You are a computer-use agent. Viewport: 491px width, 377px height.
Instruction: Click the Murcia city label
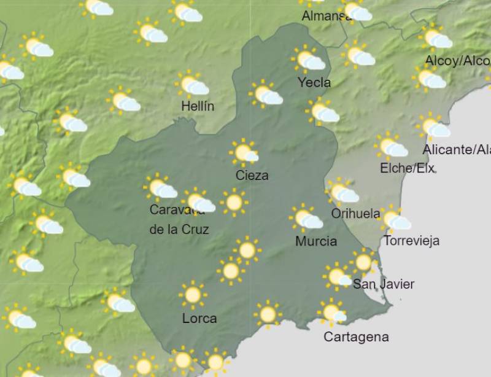click(x=316, y=241)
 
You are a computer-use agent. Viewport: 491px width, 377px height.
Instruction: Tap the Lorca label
click(x=199, y=319)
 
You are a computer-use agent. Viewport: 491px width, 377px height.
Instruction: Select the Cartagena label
click(x=356, y=337)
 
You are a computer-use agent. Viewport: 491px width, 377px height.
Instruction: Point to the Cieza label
click(x=252, y=176)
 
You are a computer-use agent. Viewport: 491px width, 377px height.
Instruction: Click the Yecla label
click(x=314, y=82)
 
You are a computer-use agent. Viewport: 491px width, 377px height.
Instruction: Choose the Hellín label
click(x=198, y=106)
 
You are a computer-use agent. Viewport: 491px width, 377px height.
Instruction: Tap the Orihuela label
click(x=355, y=214)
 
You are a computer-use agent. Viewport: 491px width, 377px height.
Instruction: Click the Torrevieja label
click(x=411, y=241)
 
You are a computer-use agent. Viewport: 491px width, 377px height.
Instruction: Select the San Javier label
click(x=384, y=284)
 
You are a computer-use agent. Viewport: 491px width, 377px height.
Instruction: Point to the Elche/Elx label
click(x=407, y=168)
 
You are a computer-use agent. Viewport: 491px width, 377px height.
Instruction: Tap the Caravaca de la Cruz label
click(x=179, y=220)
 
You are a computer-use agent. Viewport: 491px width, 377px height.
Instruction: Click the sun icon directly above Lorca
click(x=193, y=295)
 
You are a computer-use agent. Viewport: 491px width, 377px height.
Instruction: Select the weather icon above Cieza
click(x=244, y=152)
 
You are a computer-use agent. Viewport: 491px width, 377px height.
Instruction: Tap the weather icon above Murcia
click(x=306, y=218)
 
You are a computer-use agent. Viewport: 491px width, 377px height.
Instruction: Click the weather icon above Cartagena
click(x=332, y=313)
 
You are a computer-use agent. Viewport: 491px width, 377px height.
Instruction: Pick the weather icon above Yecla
click(x=308, y=60)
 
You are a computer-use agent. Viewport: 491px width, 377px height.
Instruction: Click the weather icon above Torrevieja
click(x=394, y=219)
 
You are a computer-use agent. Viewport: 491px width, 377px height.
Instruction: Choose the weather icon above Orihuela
click(x=342, y=192)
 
